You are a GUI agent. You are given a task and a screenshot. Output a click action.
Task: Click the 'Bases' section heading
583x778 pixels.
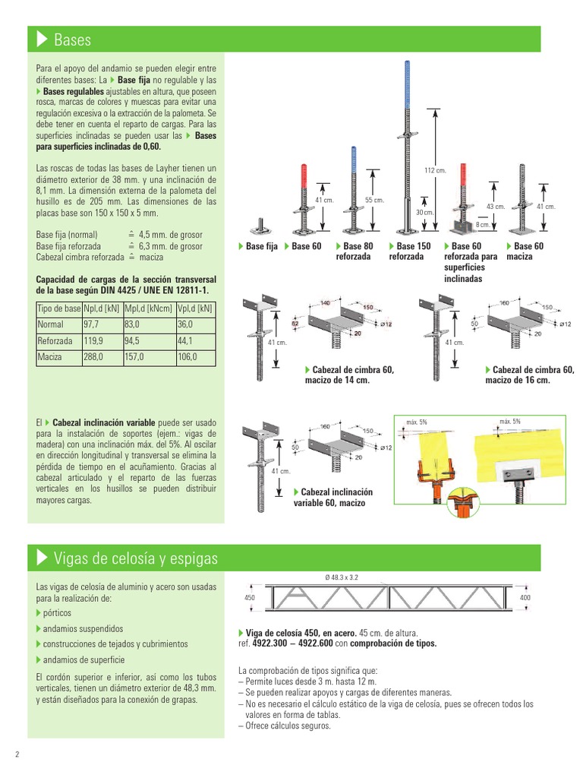[73, 39]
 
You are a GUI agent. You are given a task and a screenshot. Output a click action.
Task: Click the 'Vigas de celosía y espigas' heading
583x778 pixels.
[135, 558]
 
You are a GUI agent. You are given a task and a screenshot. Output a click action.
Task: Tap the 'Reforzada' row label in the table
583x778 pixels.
[55, 341]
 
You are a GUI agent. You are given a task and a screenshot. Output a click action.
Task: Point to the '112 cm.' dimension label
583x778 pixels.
[435, 170]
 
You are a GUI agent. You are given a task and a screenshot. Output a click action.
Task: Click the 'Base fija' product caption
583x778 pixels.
[261, 246]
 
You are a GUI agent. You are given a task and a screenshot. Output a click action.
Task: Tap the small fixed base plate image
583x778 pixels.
[263, 227]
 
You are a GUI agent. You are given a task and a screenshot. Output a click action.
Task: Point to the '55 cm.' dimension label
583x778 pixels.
[374, 200]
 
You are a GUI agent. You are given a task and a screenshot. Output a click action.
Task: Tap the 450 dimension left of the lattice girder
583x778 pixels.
[249, 598]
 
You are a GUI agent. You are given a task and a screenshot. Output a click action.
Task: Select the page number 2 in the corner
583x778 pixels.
[17, 754]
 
